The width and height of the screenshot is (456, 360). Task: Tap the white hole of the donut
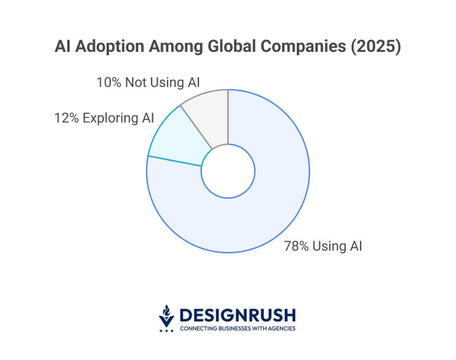coord(228,171)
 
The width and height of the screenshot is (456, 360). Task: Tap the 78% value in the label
coord(296,246)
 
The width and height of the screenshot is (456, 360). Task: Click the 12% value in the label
coord(67,118)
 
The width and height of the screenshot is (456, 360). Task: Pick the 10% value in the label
coord(109,83)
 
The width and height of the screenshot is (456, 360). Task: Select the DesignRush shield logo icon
coord(166,315)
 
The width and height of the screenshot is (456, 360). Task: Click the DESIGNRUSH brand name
coord(238,314)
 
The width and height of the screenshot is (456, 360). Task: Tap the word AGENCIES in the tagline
coord(281,328)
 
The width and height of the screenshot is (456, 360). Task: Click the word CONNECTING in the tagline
coord(197,328)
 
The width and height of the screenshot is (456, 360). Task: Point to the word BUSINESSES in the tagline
coord(233,328)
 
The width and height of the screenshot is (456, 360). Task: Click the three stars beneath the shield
coord(166,330)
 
